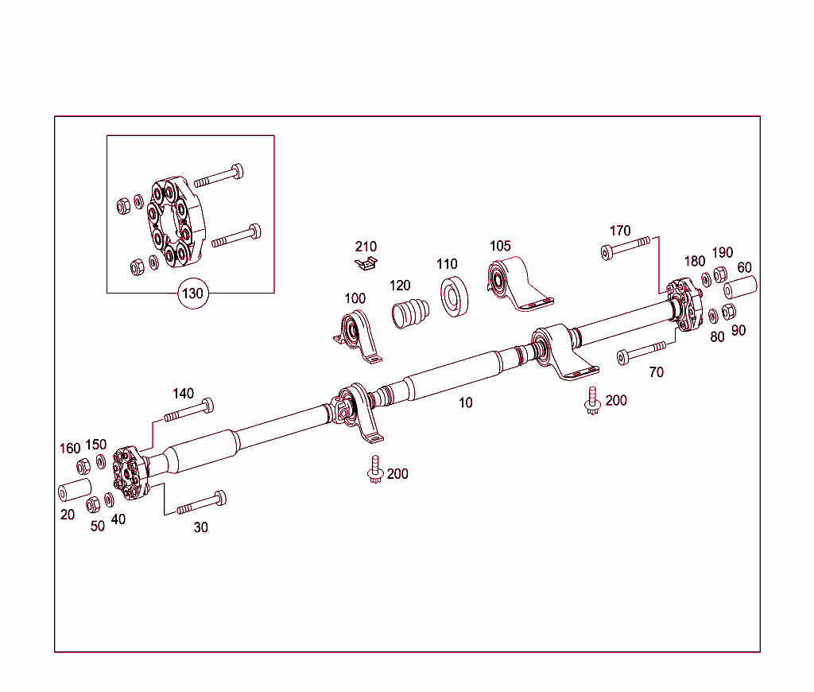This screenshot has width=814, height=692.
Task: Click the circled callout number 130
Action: pyautogui.click(x=192, y=293)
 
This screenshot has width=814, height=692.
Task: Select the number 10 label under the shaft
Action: pyautogui.click(x=466, y=402)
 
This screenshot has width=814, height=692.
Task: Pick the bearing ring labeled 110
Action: pyautogui.click(x=454, y=296)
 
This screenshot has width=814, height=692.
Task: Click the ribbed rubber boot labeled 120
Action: pyautogui.click(x=410, y=311)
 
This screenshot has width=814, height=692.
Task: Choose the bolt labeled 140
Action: pyautogui.click(x=189, y=410)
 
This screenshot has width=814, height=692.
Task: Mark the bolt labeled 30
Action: pyautogui.click(x=201, y=503)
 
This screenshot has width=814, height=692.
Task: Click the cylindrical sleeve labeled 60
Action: pyautogui.click(x=738, y=287)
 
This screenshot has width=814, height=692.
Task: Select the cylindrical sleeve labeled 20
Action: pyautogui.click(x=73, y=490)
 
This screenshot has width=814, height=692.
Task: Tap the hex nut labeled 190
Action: pyautogui.click(x=719, y=275)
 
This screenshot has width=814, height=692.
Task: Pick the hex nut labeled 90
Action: pyautogui.click(x=728, y=311)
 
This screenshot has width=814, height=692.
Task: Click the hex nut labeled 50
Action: pyautogui.click(x=93, y=504)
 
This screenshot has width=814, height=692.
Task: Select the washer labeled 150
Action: pyautogui.click(x=101, y=462)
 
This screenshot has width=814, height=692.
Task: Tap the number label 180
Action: pyautogui.click(x=694, y=261)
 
